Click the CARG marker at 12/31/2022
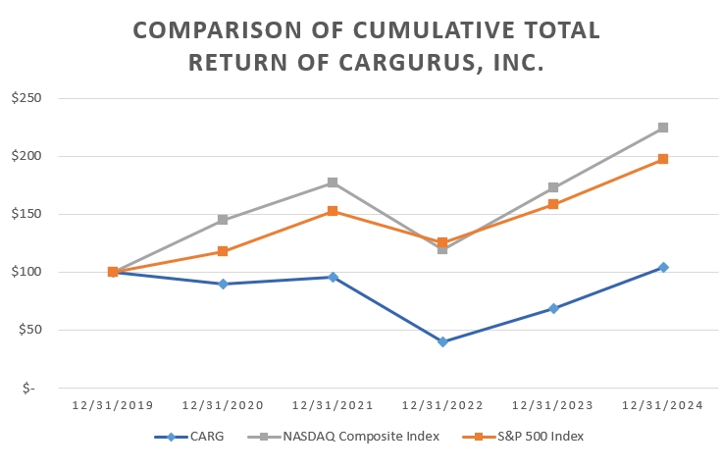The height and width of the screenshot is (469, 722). tap(442, 341)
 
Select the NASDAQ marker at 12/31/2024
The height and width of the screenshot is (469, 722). tap(663, 128)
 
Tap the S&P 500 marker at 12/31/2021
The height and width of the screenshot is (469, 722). tap(333, 211)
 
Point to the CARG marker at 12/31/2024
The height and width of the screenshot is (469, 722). tap(663, 267)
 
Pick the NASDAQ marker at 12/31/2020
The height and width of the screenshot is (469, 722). tap(223, 220)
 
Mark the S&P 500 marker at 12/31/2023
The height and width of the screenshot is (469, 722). tap(553, 204)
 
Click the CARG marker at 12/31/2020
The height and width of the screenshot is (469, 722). tap(223, 284)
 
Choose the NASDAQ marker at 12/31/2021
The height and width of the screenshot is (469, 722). tap(333, 182)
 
